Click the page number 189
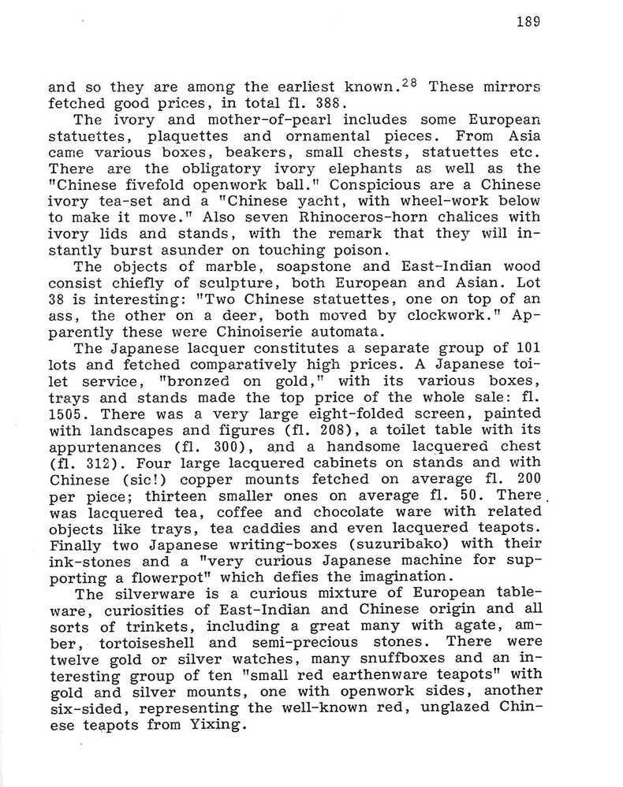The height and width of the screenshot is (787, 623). [528, 22]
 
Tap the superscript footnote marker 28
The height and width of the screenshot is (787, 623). [412, 82]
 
